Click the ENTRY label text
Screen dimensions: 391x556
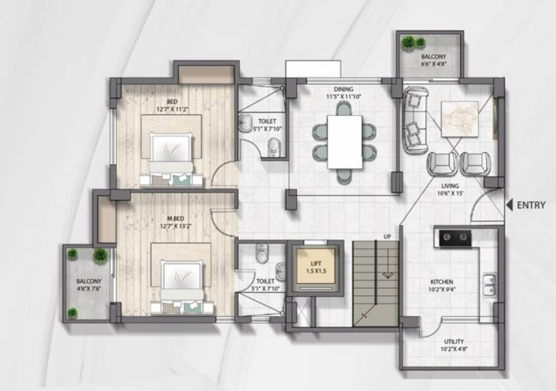pyautogui.click(x=531, y=206)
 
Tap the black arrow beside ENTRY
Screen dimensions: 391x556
pyautogui.click(x=509, y=205)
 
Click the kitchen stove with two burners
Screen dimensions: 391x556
pyautogui.click(x=455, y=238)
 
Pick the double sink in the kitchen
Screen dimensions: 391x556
pyautogui.click(x=489, y=285)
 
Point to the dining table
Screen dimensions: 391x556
pyautogui.click(x=345, y=142)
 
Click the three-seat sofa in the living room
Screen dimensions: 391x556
pyautogui.click(x=415, y=120)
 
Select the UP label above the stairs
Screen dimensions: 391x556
pyautogui.click(x=387, y=237)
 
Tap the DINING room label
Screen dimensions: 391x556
pyautogui.click(x=344, y=89)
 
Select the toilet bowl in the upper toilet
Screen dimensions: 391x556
pyautogui.click(x=274, y=147)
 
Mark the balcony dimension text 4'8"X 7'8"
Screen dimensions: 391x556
pyautogui.click(x=89, y=289)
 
